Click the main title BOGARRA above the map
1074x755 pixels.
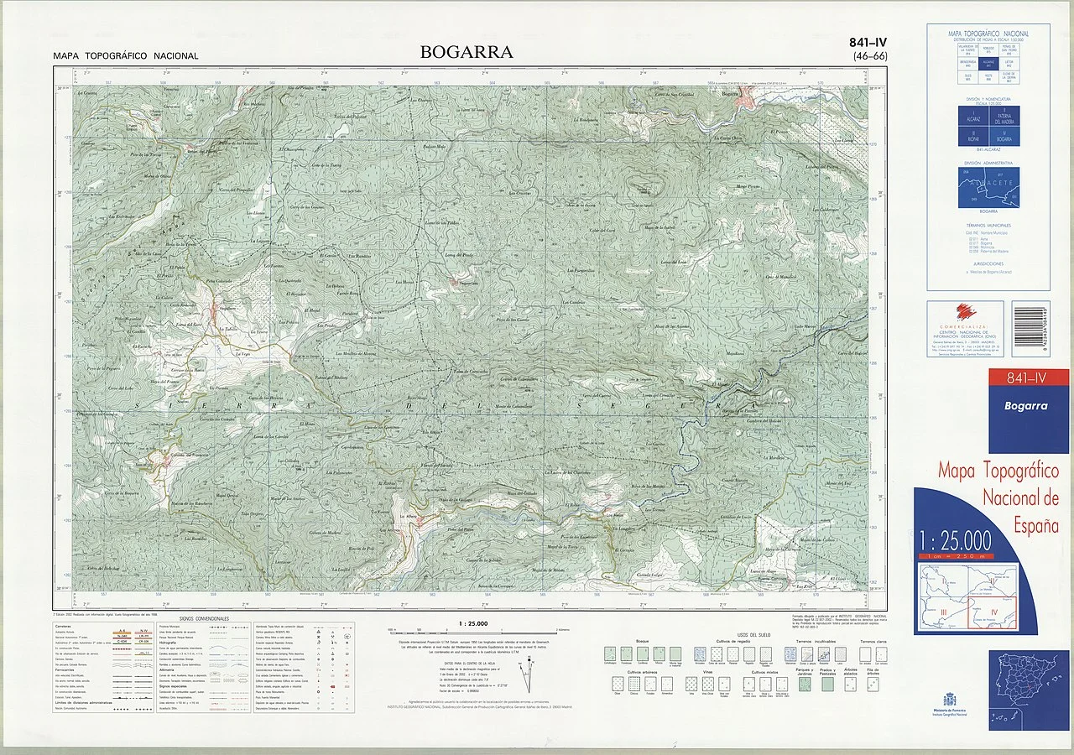pos(467,52)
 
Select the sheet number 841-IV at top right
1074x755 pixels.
pos(868,43)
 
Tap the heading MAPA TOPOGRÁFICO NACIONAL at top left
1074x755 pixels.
pos(126,56)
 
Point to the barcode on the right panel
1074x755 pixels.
pos(1030,328)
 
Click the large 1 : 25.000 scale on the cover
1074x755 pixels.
pos(955,539)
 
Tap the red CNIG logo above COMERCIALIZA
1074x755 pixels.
pos(966,311)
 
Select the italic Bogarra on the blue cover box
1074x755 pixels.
pos(1028,406)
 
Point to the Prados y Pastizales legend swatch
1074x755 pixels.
pos(828,684)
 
